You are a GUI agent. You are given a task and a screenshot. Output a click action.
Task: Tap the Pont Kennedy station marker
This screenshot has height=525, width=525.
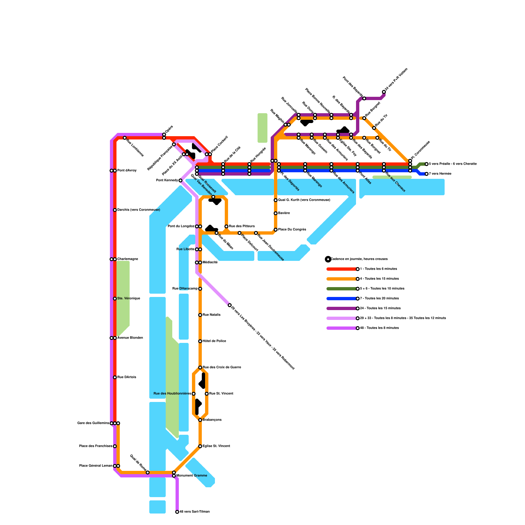tap(180, 180)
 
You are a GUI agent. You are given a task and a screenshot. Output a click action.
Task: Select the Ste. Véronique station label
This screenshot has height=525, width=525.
tap(129, 299)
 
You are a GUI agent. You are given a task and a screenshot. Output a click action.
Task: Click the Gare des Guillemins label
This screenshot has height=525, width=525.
tap(93, 423)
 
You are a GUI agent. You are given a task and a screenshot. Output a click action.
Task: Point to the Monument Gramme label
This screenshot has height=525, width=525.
tap(192, 476)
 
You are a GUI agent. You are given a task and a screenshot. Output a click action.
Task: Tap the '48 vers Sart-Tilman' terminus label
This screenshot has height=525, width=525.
tap(195, 512)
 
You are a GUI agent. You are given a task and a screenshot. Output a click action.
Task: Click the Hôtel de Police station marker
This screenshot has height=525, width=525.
tap(200, 341)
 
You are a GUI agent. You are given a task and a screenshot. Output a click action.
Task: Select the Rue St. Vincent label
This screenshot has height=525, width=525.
tap(221, 394)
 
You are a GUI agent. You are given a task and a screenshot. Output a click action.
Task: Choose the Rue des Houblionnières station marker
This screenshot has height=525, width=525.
tap(194, 394)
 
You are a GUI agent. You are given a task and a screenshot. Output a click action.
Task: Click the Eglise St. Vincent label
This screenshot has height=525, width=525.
tap(216, 446)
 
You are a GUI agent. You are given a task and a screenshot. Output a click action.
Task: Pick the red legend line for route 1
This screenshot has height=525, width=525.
tap(341, 269)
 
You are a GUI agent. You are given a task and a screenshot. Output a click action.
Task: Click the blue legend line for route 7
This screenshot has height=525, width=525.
tap(341, 299)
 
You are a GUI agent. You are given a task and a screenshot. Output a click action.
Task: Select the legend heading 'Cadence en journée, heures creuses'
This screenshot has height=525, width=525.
tap(359, 259)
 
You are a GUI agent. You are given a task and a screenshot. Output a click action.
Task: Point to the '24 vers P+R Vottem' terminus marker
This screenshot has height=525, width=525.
tap(384, 92)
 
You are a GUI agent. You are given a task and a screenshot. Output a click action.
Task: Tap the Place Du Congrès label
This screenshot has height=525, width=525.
tap(292, 230)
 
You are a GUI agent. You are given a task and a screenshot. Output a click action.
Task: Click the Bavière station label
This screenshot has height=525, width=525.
tap(284, 213)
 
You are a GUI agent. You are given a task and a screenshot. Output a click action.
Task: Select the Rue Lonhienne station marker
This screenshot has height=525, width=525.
tap(125, 138)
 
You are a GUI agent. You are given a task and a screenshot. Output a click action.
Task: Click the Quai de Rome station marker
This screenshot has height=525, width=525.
tap(148, 472)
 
